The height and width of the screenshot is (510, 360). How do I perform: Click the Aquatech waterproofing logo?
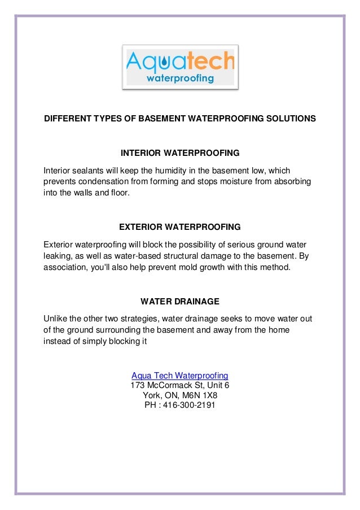pos(181,67)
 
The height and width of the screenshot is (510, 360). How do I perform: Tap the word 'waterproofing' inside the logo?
pos(180,79)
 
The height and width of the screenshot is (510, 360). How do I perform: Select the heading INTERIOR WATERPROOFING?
pos(180,153)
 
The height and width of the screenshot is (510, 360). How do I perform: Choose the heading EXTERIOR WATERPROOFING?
pos(180,227)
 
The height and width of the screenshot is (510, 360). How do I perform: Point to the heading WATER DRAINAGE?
pos(180,301)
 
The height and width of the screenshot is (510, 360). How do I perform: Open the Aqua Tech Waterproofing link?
pos(179,376)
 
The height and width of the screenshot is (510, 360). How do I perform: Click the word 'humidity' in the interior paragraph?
pos(165,171)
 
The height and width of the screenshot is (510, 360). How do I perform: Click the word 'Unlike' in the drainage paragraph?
pos(55,319)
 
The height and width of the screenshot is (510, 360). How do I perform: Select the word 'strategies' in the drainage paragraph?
pos(135,319)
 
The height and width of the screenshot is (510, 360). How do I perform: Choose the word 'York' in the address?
pos(152,395)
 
